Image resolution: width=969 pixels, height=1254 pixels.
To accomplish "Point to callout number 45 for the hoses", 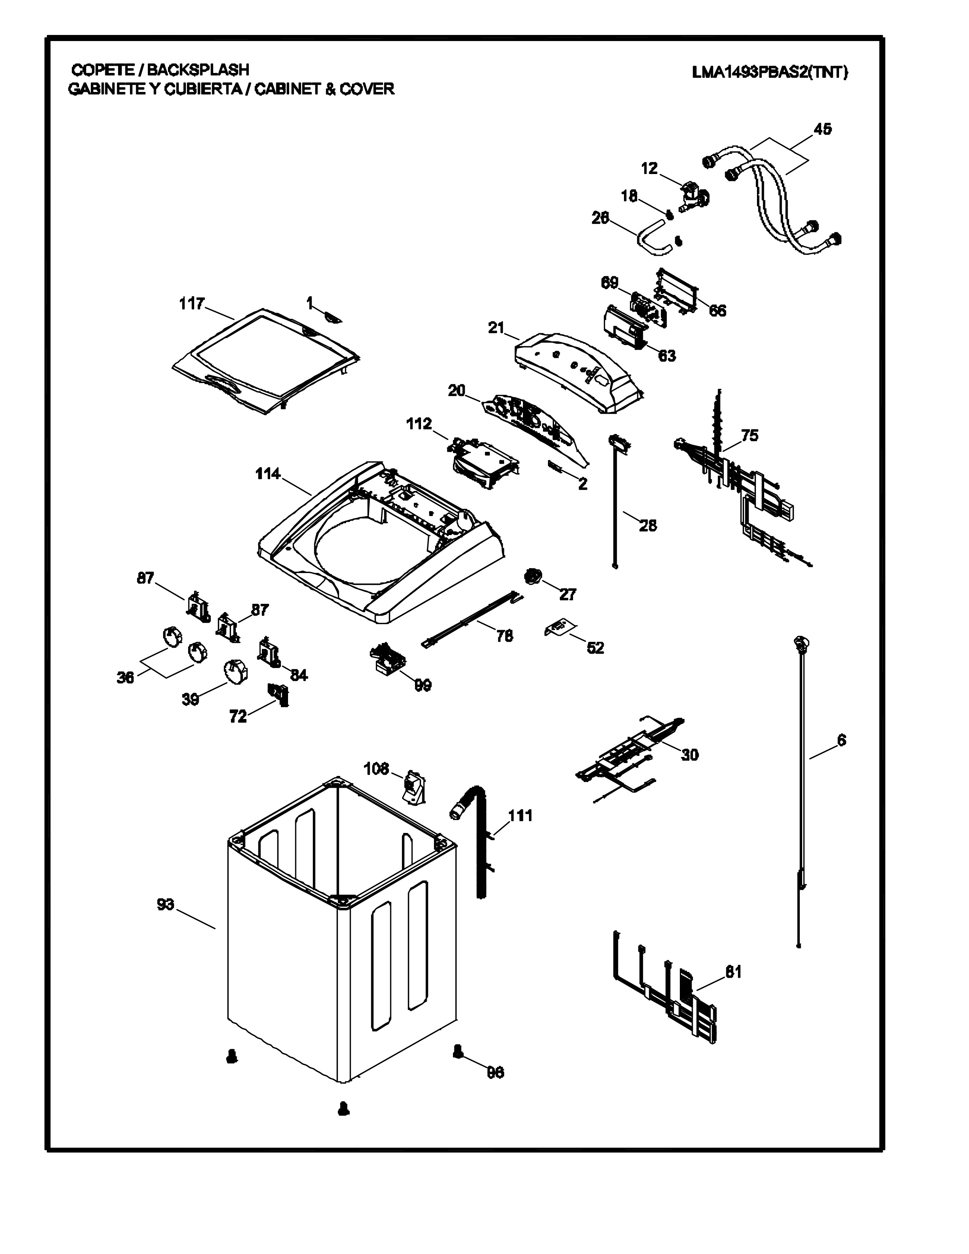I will pos(822,129).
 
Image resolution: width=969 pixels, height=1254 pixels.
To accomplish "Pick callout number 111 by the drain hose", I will pos(520,815).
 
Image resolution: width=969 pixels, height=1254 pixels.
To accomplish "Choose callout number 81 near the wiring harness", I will pos(733,972).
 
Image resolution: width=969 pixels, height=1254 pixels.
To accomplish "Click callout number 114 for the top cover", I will pos(268,474).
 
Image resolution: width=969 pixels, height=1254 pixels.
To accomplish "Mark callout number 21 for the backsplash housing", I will pos(496,328).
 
